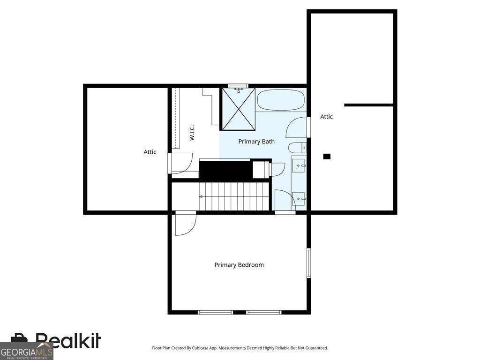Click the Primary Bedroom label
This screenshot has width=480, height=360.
pos(239,265)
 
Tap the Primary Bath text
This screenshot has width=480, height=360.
pos(256,142)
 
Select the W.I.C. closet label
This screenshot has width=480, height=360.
pos(192,133)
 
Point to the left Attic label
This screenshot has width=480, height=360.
pos(150,152)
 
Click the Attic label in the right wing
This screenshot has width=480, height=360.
pos(326,117)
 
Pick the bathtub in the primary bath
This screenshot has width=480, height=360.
pos(281,100)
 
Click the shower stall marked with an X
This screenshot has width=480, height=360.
pos(238,109)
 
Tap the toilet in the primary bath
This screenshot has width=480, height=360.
pos(297,148)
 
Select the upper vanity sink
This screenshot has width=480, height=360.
pos(299,165)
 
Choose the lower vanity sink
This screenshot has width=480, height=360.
pos(299,199)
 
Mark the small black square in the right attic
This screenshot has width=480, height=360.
pos(327,157)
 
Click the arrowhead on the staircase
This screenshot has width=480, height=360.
pos(201,196)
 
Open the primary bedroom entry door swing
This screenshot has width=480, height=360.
pos(185,225)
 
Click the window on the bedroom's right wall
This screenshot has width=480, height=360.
pos(308,263)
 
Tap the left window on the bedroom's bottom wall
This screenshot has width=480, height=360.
pos(216,312)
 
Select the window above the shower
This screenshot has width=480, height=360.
pos(238,86)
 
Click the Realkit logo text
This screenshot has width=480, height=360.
pos(68,340)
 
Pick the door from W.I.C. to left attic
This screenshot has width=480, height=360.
pos(180,163)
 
